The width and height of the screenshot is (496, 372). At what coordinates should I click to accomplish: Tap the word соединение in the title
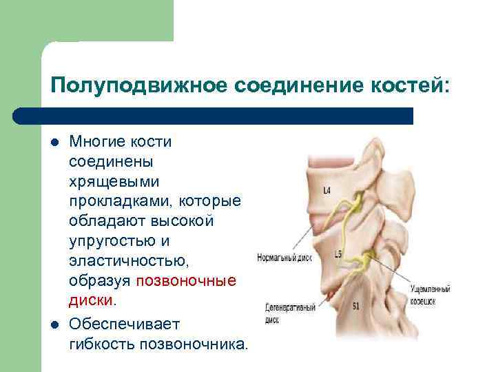tap(290, 87)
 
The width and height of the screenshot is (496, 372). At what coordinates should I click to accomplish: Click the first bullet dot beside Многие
tap(54, 143)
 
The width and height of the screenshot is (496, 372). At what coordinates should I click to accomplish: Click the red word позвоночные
tap(186, 281)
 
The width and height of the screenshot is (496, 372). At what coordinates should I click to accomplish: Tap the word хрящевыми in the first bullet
tap(114, 182)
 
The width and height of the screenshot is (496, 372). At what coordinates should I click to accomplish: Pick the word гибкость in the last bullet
tap(102, 343)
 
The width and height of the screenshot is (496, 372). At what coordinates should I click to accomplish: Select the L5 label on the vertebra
tap(338, 255)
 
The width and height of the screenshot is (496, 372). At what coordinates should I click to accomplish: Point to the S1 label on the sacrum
tap(355, 305)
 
